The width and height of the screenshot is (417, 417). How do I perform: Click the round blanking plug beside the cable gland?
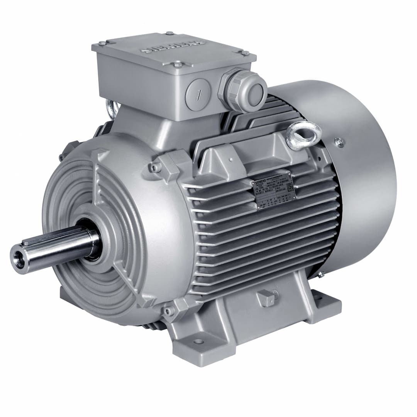click(197, 95)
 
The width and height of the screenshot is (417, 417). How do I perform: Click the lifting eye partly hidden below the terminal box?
click(111, 110)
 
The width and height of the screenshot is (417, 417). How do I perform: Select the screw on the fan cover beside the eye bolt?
click(339, 142)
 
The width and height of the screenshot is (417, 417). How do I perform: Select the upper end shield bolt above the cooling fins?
click(156, 167)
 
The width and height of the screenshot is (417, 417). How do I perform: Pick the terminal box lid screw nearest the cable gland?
click(245, 53)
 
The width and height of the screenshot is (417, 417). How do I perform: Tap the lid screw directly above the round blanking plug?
click(178, 64)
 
